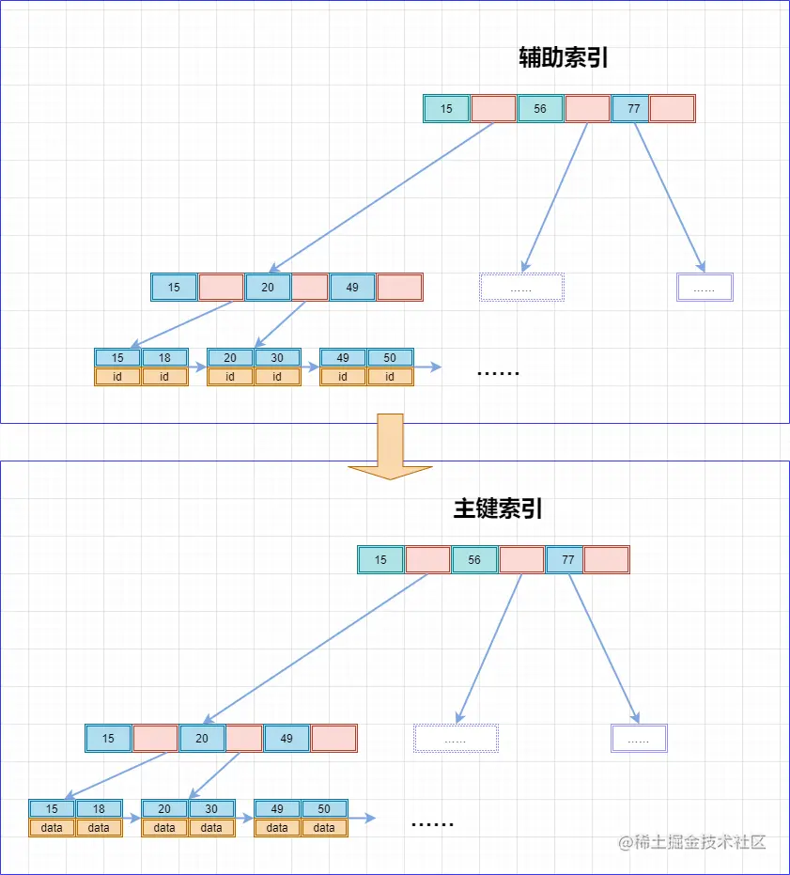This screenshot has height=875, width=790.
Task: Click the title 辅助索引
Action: [x=565, y=58]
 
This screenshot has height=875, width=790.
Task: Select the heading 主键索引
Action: [x=498, y=509]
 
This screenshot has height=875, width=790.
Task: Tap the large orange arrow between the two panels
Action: [x=390, y=445]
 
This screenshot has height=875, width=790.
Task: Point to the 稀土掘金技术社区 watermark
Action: [x=692, y=841]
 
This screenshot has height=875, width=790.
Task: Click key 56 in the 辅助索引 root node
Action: [x=540, y=109]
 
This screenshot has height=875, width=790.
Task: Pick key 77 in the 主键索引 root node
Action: [x=568, y=560]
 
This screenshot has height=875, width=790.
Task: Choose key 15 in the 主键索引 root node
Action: [x=380, y=560]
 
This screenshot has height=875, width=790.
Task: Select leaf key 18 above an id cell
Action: [x=164, y=358]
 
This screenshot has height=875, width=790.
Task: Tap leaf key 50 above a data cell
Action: [x=324, y=809]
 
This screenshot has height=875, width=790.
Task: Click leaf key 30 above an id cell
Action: [x=277, y=358]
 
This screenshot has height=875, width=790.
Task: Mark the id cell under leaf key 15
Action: [x=117, y=377]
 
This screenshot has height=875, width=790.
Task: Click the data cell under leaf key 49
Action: [x=277, y=828]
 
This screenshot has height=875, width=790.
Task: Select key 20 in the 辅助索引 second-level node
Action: [x=268, y=288]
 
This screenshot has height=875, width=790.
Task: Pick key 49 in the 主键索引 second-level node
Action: [x=287, y=739]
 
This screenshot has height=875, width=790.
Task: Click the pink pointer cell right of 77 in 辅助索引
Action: [x=672, y=109]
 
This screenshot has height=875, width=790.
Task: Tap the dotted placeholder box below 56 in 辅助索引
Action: [x=521, y=288]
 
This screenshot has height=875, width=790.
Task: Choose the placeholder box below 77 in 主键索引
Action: [x=639, y=739]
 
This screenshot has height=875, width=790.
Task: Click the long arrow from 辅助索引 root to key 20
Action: [x=380, y=197]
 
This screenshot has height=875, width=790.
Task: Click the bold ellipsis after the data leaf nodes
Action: [x=432, y=823]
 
